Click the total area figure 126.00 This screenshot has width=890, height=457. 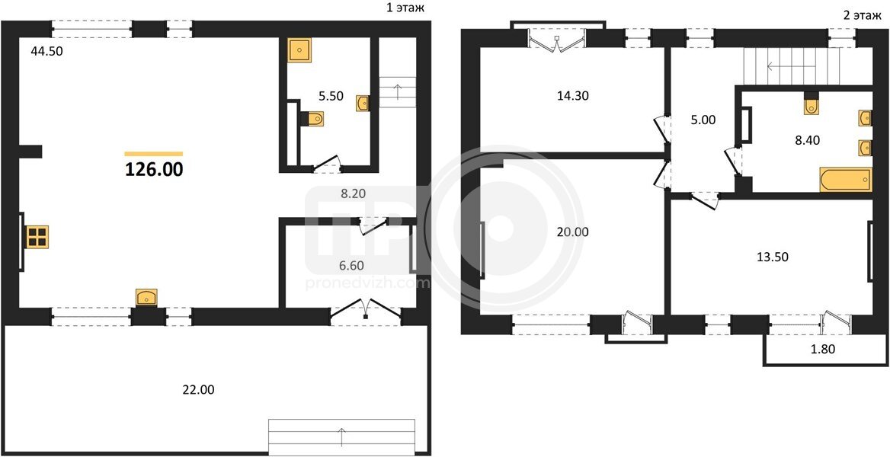coord(154,169)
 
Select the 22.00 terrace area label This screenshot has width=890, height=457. coord(199,390)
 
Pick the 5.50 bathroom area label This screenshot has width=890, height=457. coord(331,96)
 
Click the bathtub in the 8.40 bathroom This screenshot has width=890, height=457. coord(845,180)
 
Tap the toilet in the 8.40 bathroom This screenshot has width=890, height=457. coord(811,104)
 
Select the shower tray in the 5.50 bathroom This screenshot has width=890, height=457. coord(299,50)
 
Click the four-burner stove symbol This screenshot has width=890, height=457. coord(37,237)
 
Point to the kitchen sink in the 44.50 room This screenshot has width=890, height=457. coord(146,298)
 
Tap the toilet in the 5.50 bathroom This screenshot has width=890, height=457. coord(312,119)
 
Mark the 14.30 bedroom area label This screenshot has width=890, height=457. coord(573,95)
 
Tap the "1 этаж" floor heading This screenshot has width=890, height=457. coord(404,8)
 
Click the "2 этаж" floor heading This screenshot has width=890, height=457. coord(858,15)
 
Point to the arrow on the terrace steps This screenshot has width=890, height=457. coord(341,437)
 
